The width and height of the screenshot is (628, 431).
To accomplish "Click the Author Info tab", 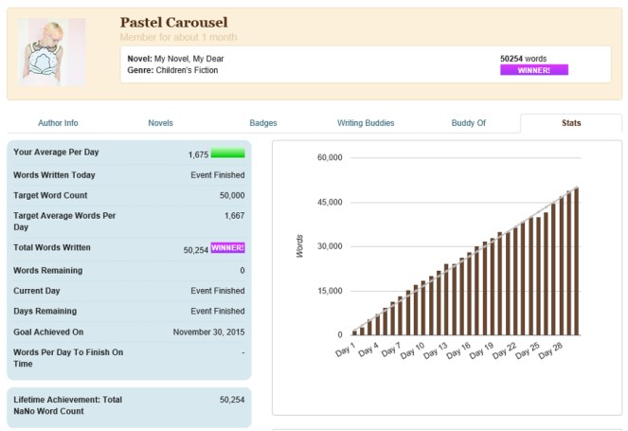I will click(x=58, y=123).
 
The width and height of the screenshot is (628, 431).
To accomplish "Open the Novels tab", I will click(x=160, y=123).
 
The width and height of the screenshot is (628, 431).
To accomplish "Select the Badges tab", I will click(x=262, y=123).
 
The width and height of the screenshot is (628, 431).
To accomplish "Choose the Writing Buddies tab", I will click(x=366, y=123).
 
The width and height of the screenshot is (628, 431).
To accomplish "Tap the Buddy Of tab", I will click(x=468, y=123).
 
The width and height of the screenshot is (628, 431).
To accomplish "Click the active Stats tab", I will click(x=571, y=123).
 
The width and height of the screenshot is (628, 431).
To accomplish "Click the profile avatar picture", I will click(x=51, y=53).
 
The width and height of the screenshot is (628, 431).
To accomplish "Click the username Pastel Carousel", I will click(x=173, y=22).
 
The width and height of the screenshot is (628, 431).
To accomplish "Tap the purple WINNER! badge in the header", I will click(x=533, y=70).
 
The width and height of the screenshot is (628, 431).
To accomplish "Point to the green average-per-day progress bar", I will click(x=227, y=153).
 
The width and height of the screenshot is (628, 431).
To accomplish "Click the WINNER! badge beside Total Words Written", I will click(x=227, y=248).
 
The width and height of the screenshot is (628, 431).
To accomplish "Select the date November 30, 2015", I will click(x=208, y=332).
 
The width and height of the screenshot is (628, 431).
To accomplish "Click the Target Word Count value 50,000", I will click(x=231, y=195).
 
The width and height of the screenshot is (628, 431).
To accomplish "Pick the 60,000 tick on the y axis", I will click(x=329, y=157).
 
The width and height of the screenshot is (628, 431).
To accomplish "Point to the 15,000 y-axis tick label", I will click(x=329, y=291).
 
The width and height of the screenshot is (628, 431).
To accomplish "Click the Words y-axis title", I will click(x=299, y=246).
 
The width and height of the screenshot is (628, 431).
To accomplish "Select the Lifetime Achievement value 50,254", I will click(x=231, y=401).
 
